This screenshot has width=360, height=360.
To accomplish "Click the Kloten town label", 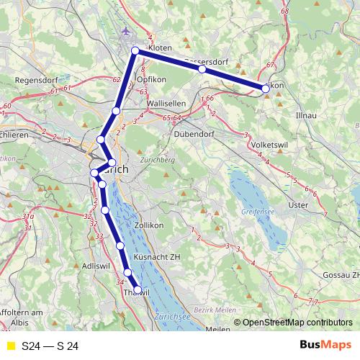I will click(161, 48).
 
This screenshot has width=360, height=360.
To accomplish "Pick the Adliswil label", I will click(96, 266).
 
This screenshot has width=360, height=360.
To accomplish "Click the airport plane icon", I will click(127, 31).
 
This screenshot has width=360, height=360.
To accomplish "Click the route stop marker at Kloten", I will click(135, 50).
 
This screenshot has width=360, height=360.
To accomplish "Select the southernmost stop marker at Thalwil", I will click(138, 290).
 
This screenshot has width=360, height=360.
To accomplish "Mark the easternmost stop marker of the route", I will click(266, 89).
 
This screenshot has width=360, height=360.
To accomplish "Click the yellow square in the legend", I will click(10, 346).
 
